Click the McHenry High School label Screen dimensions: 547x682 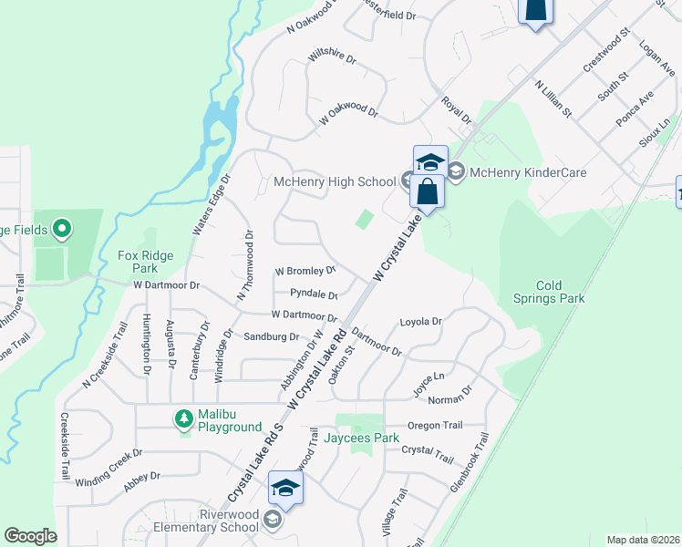pyautogui.click(x=335, y=182)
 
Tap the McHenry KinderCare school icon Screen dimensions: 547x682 pyautogui.click(x=456, y=171)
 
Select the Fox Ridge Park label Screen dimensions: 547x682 pyautogui.click(x=139, y=263)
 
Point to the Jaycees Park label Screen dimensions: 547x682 pyautogui.click(x=362, y=439)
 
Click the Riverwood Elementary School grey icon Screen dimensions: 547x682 pyautogui.click(x=272, y=520)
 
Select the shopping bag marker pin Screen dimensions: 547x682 pyautogui.click(x=427, y=191)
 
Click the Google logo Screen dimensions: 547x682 pyautogui.click(x=30, y=536)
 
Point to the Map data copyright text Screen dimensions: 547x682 pyautogui.click(x=642, y=540)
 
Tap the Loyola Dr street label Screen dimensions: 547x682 pyautogui.click(x=421, y=322)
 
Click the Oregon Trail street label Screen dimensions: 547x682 pyautogui.click(x=436, y=426)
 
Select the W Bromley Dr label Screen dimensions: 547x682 pyautogui.click(x=305, y=272)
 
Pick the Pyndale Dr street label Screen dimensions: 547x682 pyautogui.click(x=314, y=294)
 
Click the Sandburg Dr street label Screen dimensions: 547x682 pyautogui.click(x=272, y=336)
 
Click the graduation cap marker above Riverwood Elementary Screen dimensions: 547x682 pyautogui.click(x=285, y=490)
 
